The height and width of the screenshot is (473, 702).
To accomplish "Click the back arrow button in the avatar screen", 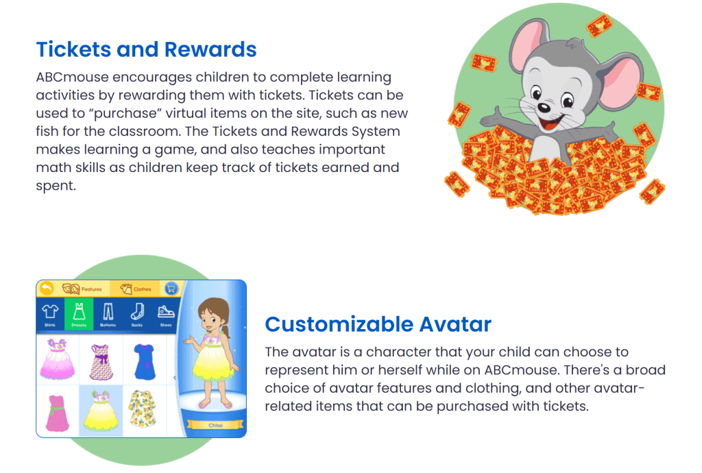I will pos(47,289).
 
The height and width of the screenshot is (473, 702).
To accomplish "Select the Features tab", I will pos(83,289).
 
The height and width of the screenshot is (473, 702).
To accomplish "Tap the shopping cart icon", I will pos(171,289).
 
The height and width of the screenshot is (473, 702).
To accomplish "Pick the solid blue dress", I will pos(145,359).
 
